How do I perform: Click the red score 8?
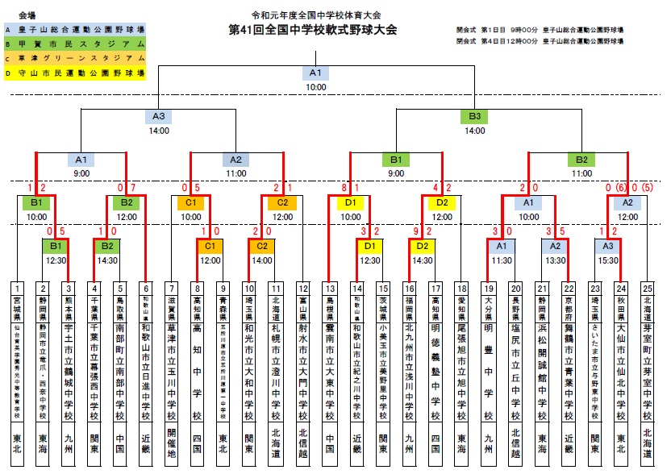344,189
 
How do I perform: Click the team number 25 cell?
647,287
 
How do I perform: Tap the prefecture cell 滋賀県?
170,306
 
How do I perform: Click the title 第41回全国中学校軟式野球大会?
313,31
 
